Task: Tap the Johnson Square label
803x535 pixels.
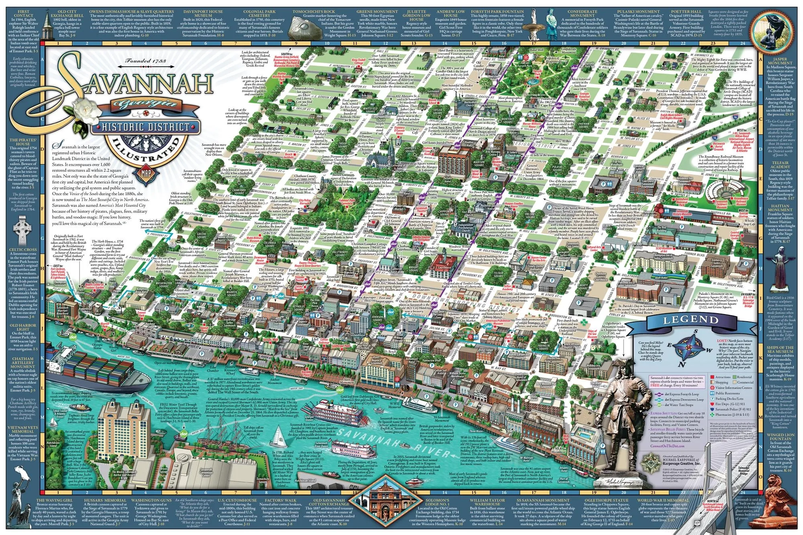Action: point(377,318)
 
